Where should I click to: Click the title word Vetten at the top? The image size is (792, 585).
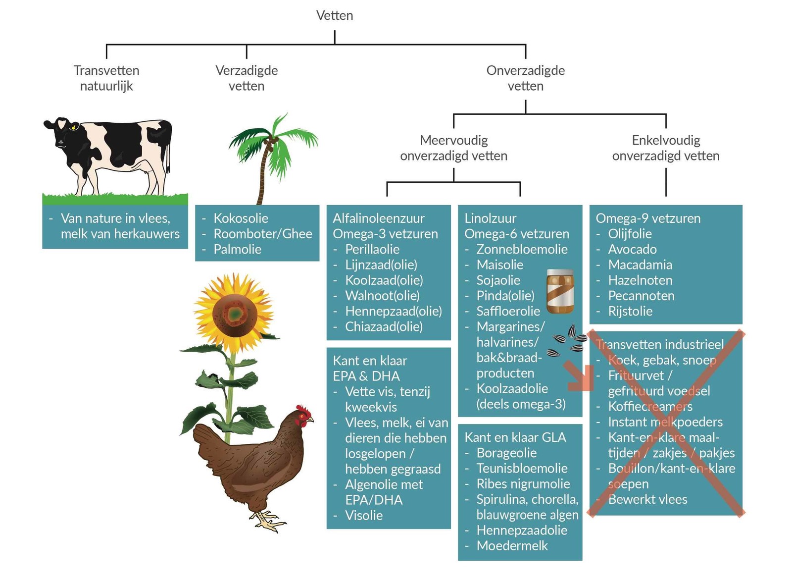(x=334, y=15)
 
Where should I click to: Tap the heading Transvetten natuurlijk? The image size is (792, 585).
(x=106, y=78)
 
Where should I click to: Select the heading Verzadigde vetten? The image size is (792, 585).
(x=247, y=78)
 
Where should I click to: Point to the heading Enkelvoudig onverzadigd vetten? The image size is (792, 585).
(x=666, y=148)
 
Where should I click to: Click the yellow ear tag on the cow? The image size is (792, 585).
(x=74, y=127)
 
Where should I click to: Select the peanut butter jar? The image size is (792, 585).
(x=560, y=291)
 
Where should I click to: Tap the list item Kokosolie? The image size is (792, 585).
(x=241, y=218)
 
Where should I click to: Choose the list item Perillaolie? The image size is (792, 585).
(x=372, y=249)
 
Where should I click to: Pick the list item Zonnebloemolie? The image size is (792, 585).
(x=522, y=249)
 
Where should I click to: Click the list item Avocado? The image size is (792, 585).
(x=632, y=249)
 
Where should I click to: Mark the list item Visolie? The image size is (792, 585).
(x=363, y=515)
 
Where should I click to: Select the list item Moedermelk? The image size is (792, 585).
(x=512, y=546)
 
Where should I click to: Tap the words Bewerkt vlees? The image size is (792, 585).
(x=647, y=499)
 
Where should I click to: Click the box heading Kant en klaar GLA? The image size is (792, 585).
(x=515, y=437)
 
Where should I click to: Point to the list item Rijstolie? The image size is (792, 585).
(x=630, y=311)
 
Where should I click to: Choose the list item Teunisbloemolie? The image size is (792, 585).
(x=522, y=468)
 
